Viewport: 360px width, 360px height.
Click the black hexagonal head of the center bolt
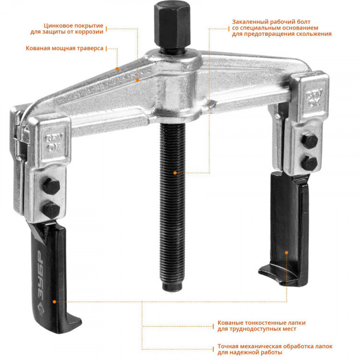click(172, 25)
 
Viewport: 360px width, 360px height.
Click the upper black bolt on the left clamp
click(51, 186)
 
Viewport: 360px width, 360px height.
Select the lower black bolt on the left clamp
click(51, 210)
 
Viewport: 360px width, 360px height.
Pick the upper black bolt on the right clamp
click(310, 140)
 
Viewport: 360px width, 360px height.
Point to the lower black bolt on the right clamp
click(310, 163)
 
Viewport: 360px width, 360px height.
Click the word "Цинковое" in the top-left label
click(57, 26)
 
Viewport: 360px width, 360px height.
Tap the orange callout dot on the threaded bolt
click(175, 173)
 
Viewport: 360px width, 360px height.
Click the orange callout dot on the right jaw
click(287, 252)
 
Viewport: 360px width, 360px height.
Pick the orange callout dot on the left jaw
click(54, 302)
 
